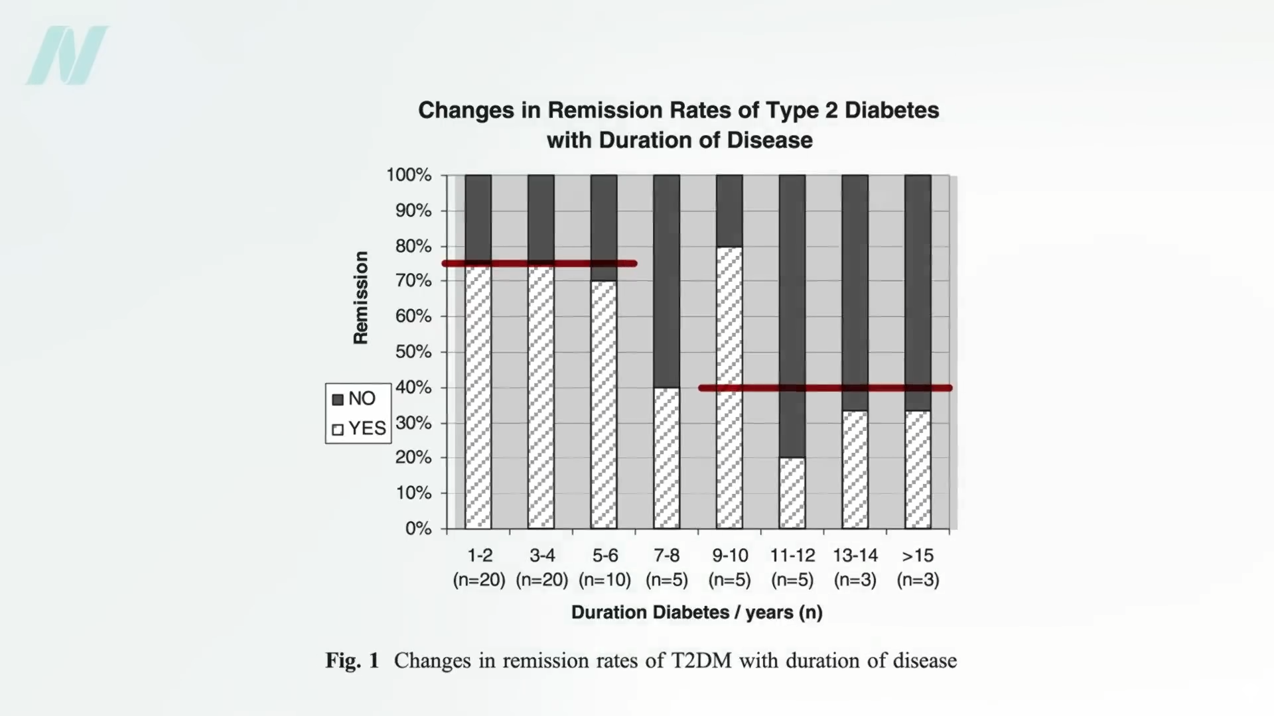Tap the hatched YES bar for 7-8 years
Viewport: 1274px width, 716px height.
tap(666, 458)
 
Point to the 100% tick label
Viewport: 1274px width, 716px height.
tap(409, 175)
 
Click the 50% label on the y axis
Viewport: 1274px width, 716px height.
tap(413, 352)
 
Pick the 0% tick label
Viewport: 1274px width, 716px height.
tap(418, 528)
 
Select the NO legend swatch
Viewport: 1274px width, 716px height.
tap(338, 399)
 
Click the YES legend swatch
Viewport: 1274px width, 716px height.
tap(338, 429)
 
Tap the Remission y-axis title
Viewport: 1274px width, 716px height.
tap(360, 298)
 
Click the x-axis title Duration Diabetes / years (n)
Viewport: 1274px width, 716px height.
tap(697, 612)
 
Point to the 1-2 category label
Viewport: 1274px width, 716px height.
tap(479, 555)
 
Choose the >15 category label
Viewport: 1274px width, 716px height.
tap(918, 555)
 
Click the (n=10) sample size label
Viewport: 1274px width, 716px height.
tap(604, 580)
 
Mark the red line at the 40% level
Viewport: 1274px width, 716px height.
tap(825, 388)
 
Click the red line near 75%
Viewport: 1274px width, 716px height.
tap(539, 264)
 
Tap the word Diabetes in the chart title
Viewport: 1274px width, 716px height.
tap(891, 110)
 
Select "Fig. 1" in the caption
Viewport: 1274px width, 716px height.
tap(352, 661)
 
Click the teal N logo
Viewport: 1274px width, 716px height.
tap(66, 56)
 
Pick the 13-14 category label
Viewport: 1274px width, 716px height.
tap(855, 555)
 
